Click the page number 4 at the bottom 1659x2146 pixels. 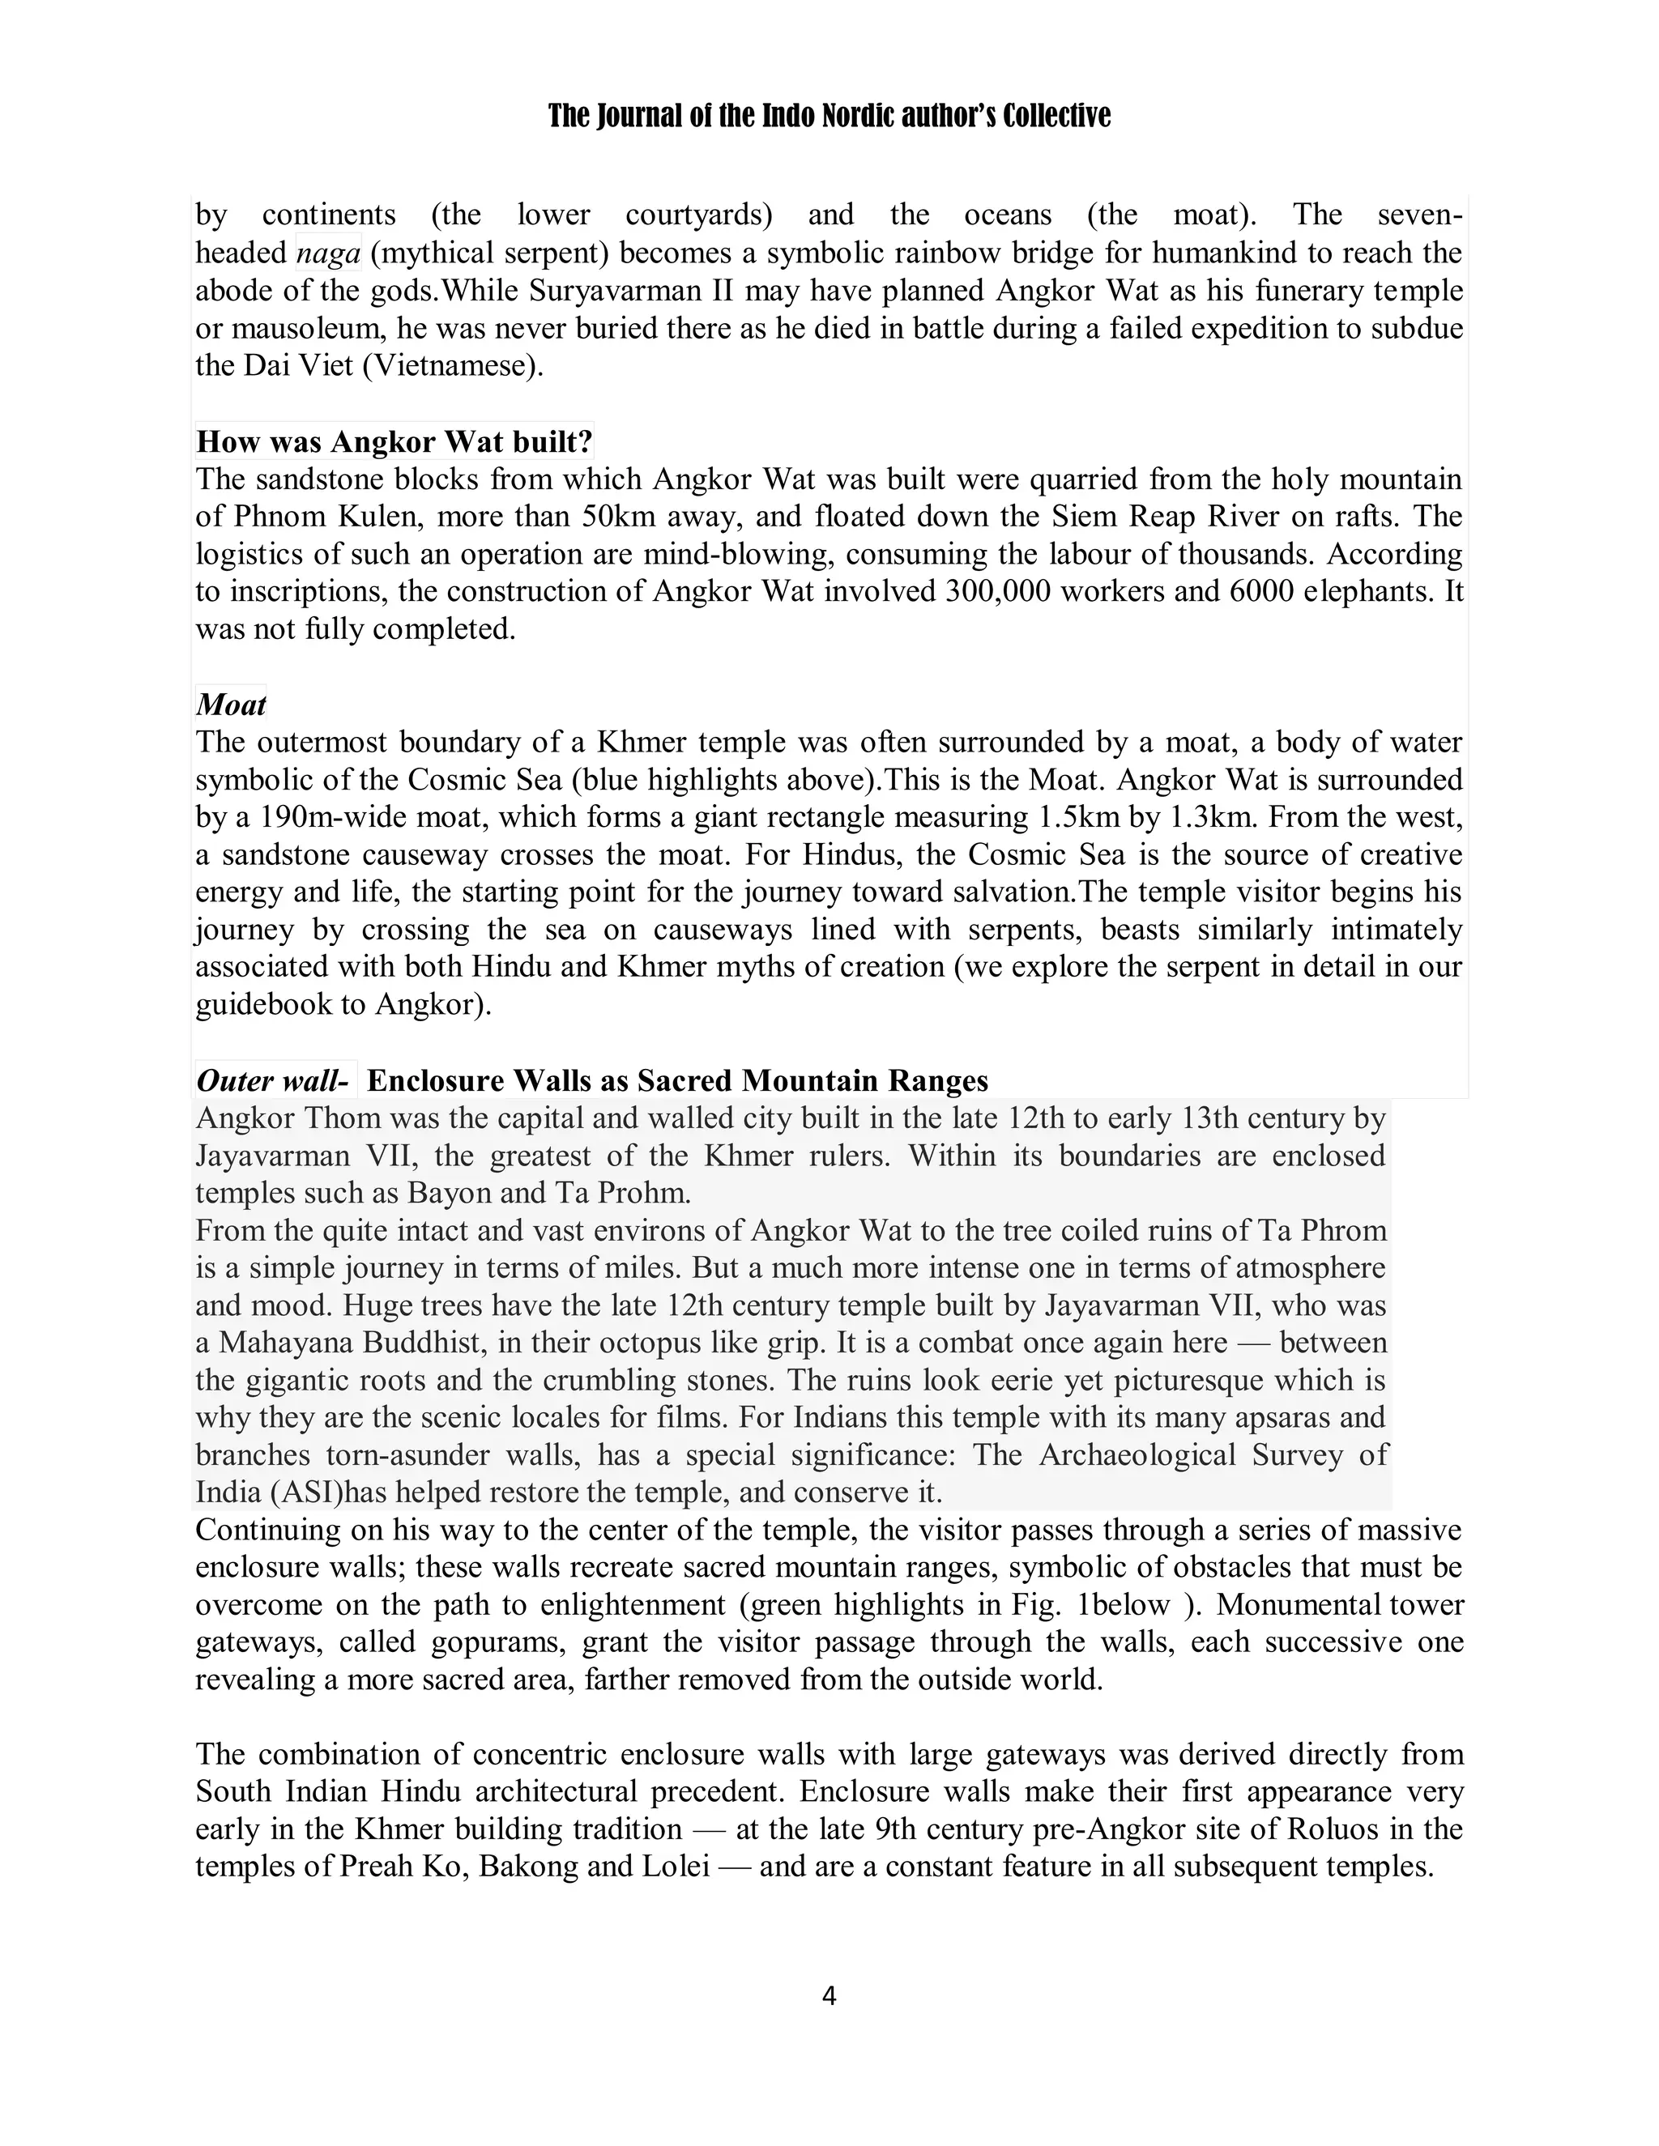[x=829, y=1995]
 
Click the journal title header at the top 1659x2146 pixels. [x=829, y=117]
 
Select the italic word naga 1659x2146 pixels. [x=328, y=253]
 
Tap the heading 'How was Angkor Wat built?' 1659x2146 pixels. [x=394, y=442]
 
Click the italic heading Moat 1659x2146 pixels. [x=231, y=705]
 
